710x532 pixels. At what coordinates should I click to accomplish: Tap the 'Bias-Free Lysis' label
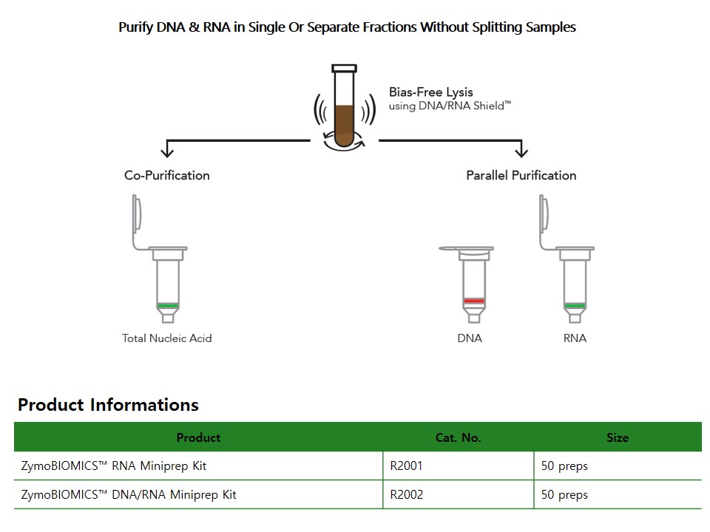click(430, 92)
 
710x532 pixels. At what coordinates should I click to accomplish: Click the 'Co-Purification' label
click(166, 176)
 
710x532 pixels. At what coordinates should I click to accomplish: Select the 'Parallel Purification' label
click(521, 176)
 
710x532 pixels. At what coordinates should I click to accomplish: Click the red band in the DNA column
click(474, 301)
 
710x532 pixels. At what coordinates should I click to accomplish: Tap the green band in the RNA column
click(575, 306)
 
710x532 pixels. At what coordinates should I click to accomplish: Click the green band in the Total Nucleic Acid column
click(168, 306)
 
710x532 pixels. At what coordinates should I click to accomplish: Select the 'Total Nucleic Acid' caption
click(166, 338)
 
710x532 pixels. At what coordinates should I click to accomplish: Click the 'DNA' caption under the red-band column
click(470, 338)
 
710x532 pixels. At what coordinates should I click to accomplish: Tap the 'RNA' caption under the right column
click(575, 338)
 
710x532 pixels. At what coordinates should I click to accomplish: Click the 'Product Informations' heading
click(108, 404)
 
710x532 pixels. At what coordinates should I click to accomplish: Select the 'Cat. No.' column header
click(459, 437)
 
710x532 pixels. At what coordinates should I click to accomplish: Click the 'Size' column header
click(618, 437)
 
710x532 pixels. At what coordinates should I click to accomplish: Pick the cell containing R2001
click(459, 465)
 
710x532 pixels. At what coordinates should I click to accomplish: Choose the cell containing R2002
click(459, 494)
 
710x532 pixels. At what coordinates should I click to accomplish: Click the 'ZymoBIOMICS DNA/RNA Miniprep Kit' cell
click(198, 494)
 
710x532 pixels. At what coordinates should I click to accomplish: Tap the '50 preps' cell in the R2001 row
click(618, 465)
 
